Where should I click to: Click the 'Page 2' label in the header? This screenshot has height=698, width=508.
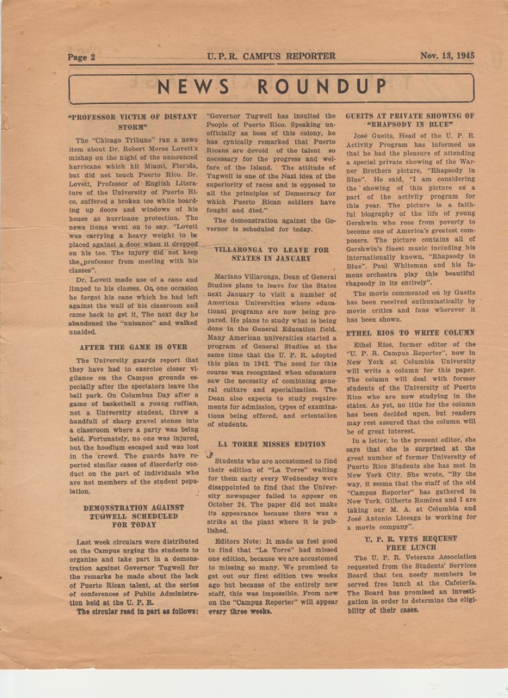tap(81, 57)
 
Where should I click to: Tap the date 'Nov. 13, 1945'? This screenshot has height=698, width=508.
tap(447, 56)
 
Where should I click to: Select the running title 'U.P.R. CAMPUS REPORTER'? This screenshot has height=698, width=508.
tap(271, 56)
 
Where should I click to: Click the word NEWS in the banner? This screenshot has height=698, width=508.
tap(193, 87)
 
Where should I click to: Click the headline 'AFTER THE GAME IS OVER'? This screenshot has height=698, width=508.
tap(133, 347)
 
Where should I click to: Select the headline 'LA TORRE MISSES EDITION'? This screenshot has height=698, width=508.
tap(271, 444)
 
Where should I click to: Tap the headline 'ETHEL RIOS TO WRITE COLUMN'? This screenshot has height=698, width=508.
tap(410, 332)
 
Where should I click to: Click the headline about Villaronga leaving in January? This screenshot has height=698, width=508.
tap(271, 254)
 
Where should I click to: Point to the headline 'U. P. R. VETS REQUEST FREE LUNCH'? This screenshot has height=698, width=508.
tap(410, 543)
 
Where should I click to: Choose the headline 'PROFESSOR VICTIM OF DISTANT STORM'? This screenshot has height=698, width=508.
tap(132, 121)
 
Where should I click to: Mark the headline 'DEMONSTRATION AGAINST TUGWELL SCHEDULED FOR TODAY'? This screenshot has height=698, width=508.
tap(133, 516)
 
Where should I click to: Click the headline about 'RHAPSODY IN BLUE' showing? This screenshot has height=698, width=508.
tap(410, 120)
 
